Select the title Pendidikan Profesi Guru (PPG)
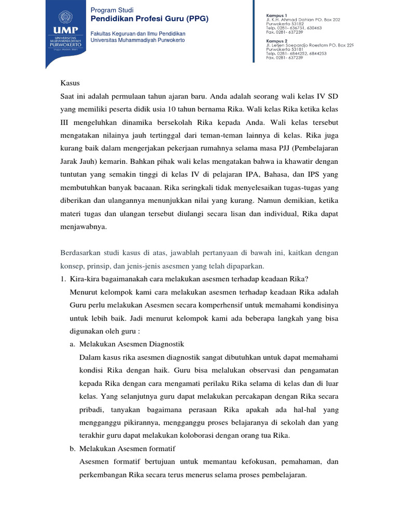tap(150, 19)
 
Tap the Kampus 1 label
tap(276, 16)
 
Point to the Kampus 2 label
tap(276, 40)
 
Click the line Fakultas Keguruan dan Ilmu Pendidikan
tap(138, 33)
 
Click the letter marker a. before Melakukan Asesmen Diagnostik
tap(72, 344)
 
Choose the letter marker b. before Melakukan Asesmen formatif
tap(73, 448)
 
